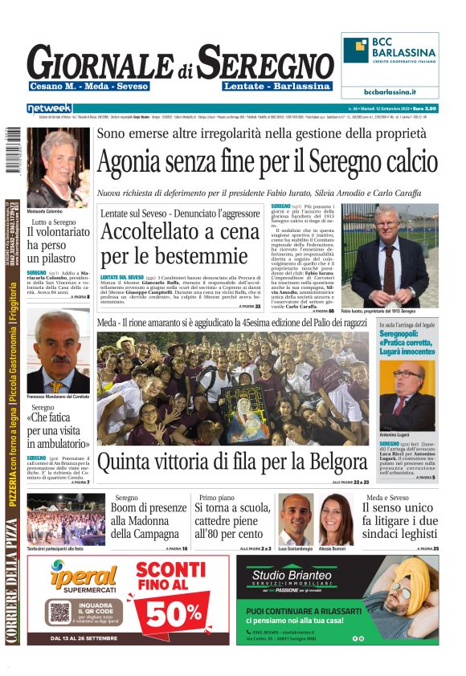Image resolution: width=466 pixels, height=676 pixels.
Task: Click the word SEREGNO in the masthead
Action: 265,62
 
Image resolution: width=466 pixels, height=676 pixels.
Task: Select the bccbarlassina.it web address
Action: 390,92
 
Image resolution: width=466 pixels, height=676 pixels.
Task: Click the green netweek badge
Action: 49,108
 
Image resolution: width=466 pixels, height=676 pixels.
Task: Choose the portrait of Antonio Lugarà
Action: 409,399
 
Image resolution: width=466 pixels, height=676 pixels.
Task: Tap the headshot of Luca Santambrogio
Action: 295,519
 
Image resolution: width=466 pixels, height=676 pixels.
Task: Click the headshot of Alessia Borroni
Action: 336,519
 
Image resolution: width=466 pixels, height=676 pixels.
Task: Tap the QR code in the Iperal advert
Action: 60,613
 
